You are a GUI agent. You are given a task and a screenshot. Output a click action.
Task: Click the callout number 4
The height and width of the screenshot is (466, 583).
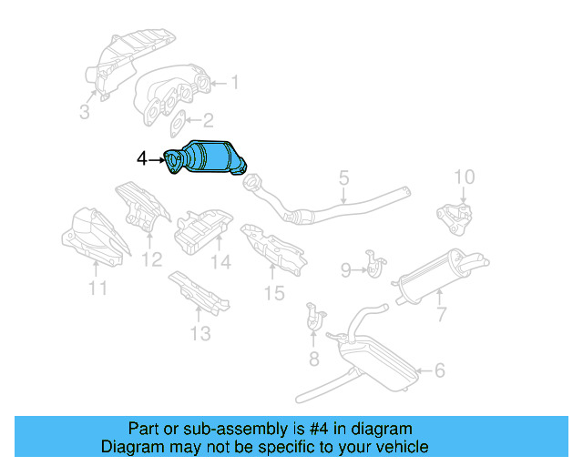click(x=141, y=159)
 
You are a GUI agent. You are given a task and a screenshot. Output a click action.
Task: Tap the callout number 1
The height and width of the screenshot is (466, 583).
click(x=234, y=83)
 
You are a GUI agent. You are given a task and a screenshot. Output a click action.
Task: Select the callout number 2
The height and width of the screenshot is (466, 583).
click(x=208, y=119)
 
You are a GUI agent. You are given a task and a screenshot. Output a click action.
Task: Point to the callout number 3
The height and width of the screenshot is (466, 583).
click(x=84, y=112)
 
